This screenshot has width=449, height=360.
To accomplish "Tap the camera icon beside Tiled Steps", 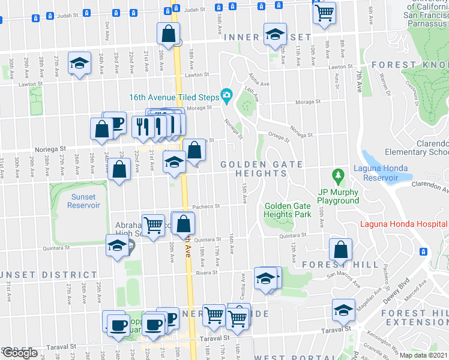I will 226,95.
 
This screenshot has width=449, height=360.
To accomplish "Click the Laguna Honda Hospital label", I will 404,225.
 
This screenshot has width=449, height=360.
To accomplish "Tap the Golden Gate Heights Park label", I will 288,210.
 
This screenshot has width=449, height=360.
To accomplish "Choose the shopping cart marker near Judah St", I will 325,12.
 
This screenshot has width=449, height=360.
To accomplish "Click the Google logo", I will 19,353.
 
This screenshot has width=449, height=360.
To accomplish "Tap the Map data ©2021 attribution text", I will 423,355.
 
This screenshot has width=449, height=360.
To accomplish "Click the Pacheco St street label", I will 207,206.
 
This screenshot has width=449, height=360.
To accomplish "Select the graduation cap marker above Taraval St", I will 343,311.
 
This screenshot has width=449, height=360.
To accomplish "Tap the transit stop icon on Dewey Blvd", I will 423,251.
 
